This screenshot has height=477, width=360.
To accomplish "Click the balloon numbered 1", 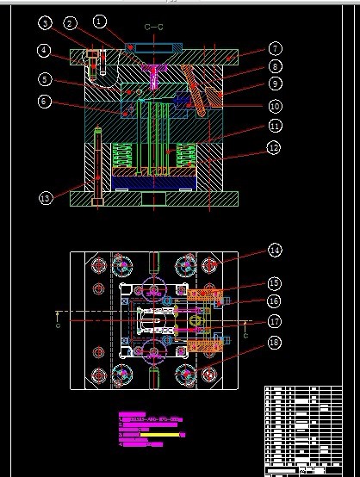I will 100,20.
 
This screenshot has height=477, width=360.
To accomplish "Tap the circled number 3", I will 45,23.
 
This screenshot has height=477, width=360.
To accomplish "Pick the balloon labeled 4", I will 43,51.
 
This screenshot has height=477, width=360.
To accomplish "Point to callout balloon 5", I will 43,80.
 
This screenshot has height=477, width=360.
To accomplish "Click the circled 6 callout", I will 45,102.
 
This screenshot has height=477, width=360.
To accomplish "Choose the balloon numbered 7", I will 275,49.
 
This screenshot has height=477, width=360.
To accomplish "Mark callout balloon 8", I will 275,65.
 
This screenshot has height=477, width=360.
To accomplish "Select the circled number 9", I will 275,84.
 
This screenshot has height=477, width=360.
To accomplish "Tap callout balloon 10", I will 275,106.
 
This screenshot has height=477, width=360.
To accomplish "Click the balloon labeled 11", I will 275,126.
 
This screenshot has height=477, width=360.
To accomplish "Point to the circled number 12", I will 275,148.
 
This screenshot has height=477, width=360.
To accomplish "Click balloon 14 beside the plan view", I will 275,251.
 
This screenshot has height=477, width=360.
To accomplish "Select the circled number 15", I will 275,282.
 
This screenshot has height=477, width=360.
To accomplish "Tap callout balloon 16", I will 275,300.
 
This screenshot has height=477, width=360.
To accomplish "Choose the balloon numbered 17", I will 275,321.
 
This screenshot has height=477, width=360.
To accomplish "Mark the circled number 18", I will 275,343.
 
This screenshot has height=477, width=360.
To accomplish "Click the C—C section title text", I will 154,28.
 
